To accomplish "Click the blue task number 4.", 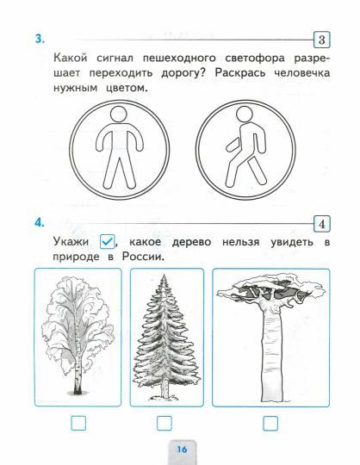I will [x=38, y=222].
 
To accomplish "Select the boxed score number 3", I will [x=320, y=40].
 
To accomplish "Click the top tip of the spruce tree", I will [x=166, y=275].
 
